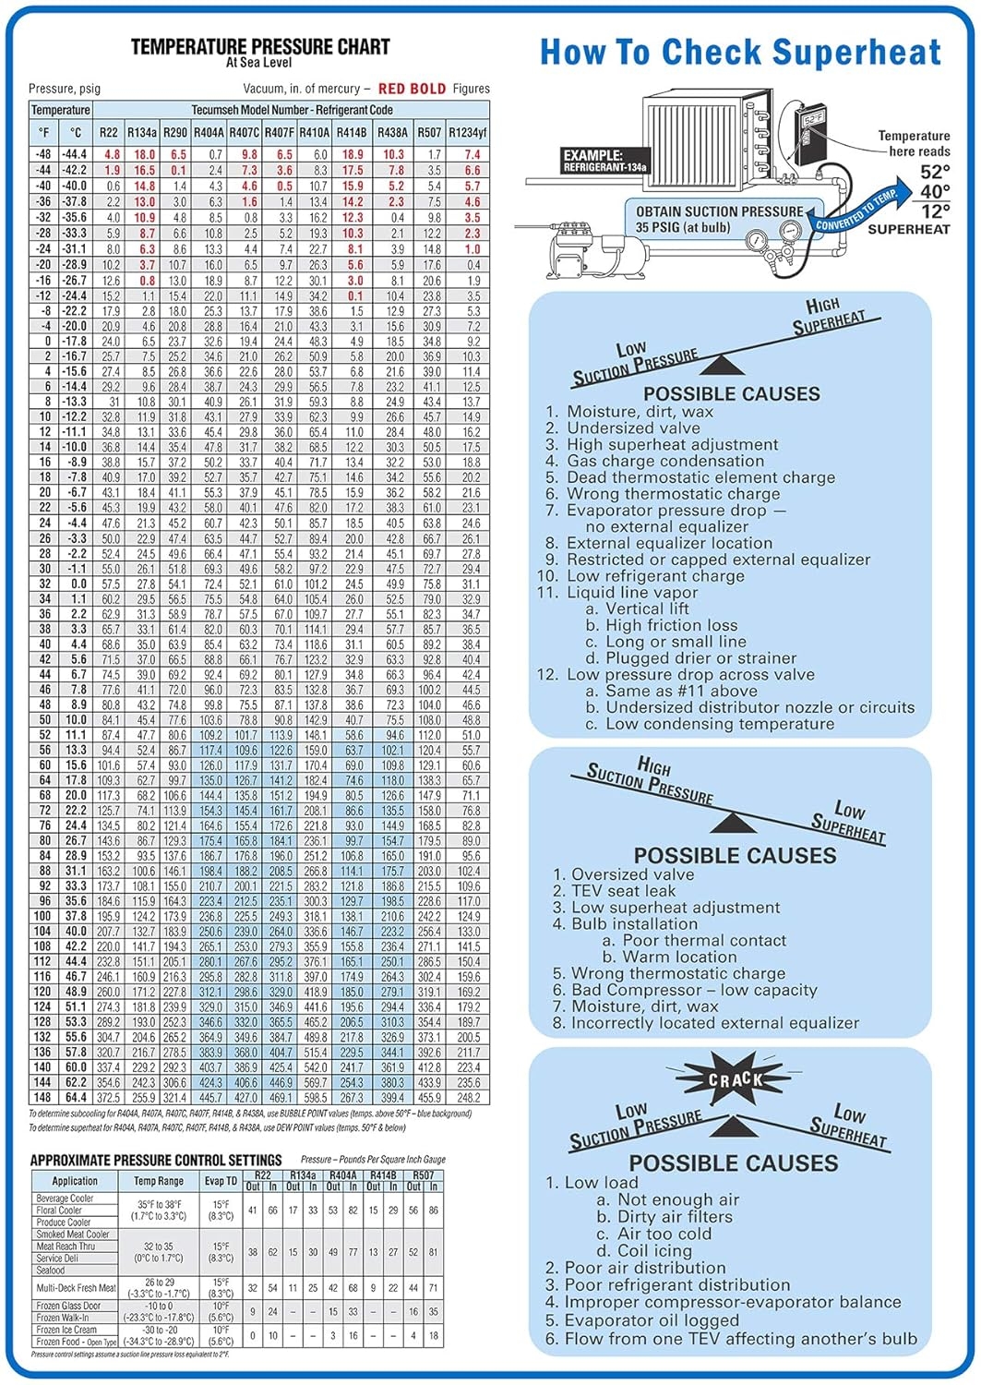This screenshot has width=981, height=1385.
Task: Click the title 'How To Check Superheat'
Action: click(740, 53)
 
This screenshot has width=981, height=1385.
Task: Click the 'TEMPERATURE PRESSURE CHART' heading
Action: click(260, 46)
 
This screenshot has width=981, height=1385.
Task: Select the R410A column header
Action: click(314, 132)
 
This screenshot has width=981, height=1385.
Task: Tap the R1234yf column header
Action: click(467, 132)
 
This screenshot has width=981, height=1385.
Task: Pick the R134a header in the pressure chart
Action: click(142, 132)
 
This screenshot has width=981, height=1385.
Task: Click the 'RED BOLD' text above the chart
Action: click(412, 89)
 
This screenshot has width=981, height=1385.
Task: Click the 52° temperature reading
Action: click(935, 172)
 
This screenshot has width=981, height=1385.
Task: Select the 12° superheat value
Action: click(935, 211)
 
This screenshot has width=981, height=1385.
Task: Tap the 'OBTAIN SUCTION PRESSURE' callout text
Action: click(719, 211)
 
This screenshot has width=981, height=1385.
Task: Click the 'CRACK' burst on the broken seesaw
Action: click(736, 1078)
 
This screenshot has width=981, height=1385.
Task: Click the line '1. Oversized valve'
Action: click(623, 873)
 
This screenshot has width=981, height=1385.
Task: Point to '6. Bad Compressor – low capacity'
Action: click(685, 990)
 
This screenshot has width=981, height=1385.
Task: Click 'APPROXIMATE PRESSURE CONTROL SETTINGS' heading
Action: click(156, 1160)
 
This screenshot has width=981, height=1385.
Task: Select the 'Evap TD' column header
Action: click(221, 1181)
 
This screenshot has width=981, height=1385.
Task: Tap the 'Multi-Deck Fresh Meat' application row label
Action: click(76, 1287)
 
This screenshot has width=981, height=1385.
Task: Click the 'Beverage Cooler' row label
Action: click(65, 1198)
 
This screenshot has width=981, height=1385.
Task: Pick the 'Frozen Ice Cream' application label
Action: click(66, 1330)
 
